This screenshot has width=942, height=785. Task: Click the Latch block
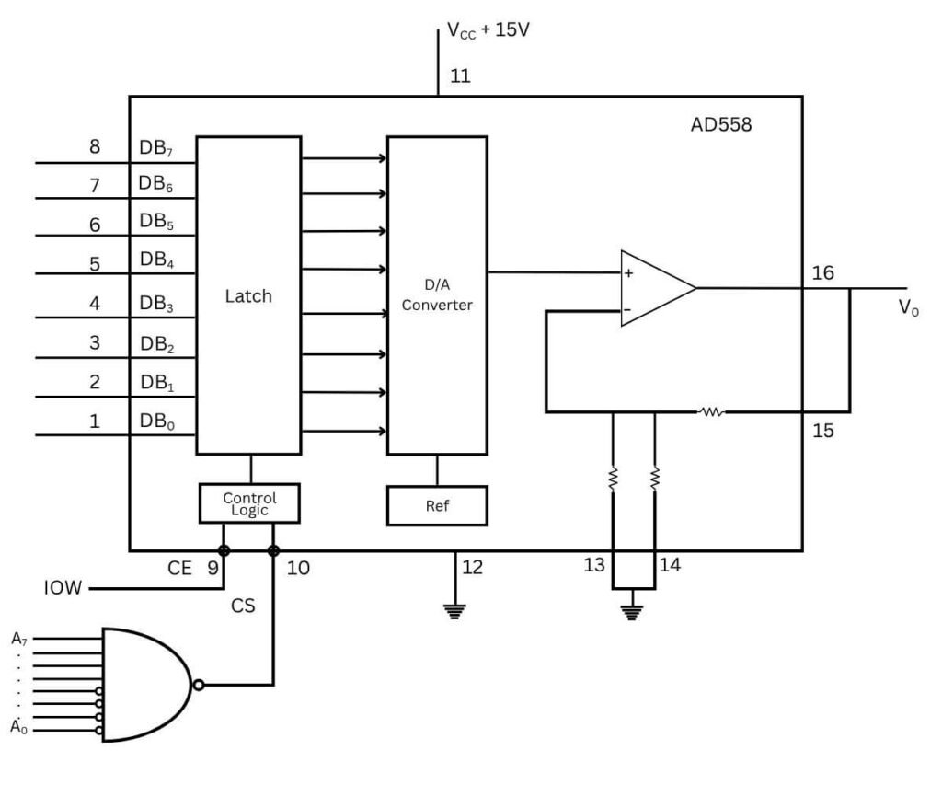pyautogui.click(x=248, y=296)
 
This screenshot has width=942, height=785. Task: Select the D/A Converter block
pyautogui.click(x=437, y=296)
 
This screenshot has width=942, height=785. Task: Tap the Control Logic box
pyautogui.click(x=249, y=502)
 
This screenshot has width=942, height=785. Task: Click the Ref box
pyautogui.click(x=436, y=505)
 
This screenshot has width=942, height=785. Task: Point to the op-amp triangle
pyautogui.click(x=653, y=288)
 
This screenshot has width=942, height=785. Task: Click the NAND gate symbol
pyautogui.click(x=147, y=685)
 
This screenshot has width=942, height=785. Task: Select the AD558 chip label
pyautogui.click(x=721, y=124)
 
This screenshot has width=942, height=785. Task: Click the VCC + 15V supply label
pyautogui.click(x=488, y=30)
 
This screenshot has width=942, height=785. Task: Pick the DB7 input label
pyautogui.click(x=155, y=148)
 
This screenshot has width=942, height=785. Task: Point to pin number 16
pyautogui.click(x=823, y=273)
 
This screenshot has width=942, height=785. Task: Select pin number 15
pyautogui.click(x=823, y=430)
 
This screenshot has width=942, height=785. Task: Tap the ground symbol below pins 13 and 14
pyautogui.click(x=630, y=610)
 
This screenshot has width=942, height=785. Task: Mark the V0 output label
pyautogui.click(x=908, y=309)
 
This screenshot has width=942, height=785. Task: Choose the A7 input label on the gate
pyautogui.click(x=19, y=637)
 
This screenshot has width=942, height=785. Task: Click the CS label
pyautogui.click(x=242, y=606)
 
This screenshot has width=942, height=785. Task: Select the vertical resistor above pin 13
pyautogui.click(x=614, y=479)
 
